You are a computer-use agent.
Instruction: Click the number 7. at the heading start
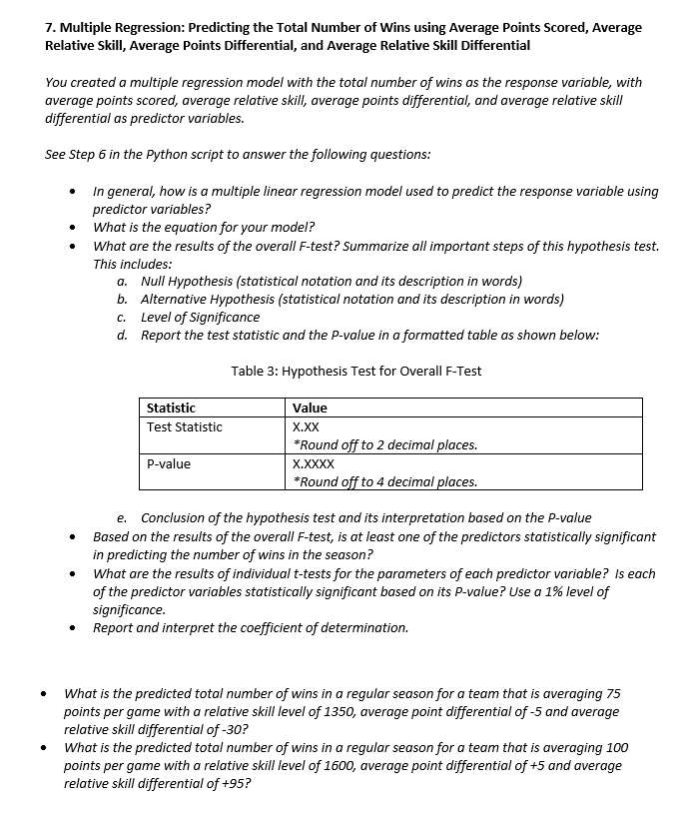(52, 27)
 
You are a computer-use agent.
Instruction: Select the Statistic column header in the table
(171, 408)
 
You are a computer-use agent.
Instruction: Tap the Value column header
(310, 408)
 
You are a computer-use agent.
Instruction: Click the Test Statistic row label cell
(184, 426)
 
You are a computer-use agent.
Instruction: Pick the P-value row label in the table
(168, 463)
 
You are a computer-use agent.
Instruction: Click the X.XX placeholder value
(306, 426)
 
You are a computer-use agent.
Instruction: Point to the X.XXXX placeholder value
(313, 463)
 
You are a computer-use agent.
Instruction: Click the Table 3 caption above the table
(355, 371)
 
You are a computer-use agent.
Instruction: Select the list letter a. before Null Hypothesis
(122, 282)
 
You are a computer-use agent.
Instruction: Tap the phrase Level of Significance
(200, 317)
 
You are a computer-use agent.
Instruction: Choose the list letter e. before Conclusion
(122, 517)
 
